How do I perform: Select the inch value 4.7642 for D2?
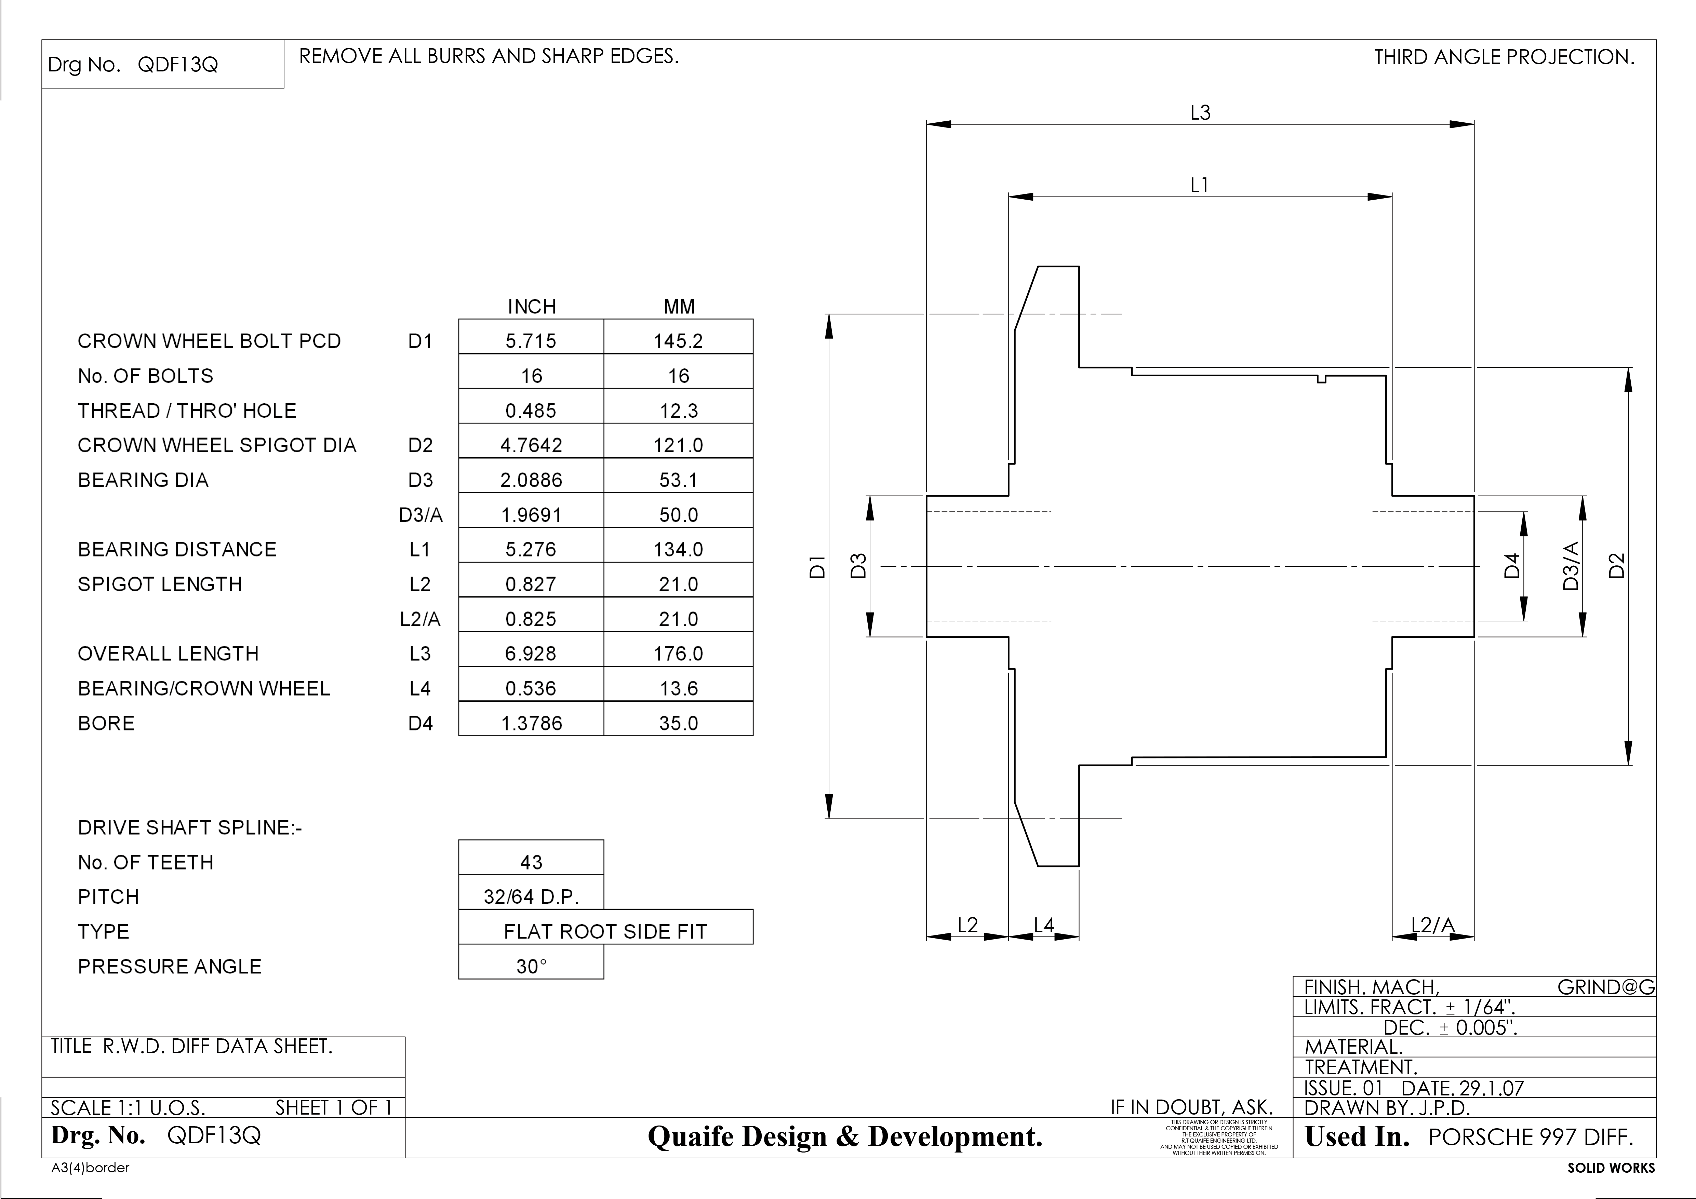click(x=531, y=445)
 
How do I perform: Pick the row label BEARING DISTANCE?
click(x=177, y=549)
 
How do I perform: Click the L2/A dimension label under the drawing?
click(x=1433, y=925)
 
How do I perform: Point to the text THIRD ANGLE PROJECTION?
click(x=1504, y=57)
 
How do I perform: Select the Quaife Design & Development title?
click(x=845, y=1136)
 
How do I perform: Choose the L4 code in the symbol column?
click(x=419, y=688)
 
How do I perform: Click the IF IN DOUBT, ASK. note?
click(x=1191, y=1107)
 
